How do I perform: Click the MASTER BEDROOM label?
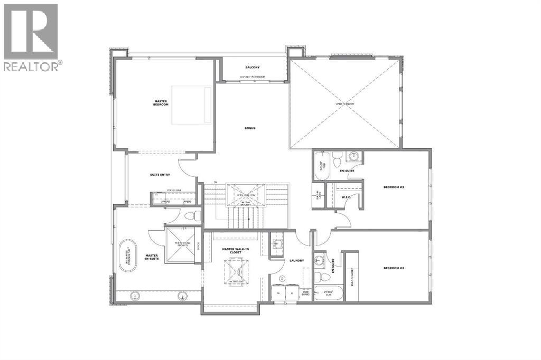161,103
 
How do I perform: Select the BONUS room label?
250,128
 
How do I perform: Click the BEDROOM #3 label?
394,187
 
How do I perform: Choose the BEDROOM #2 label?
394,268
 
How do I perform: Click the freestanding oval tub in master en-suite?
127,256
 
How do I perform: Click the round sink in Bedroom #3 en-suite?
352,156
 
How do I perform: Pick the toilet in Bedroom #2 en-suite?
319,277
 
